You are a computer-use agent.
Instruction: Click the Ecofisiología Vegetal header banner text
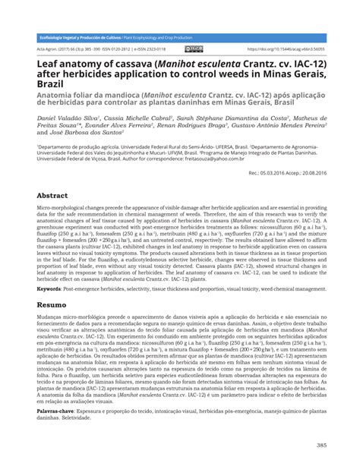(x=76, y=37)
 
